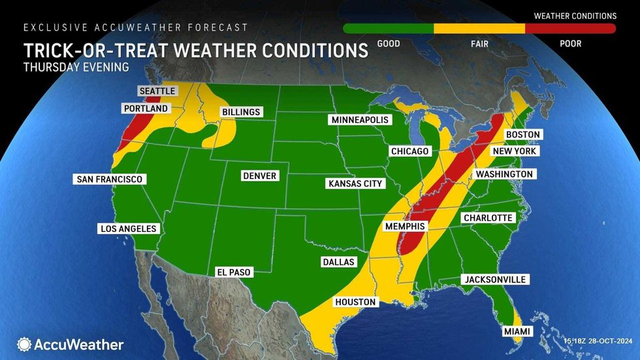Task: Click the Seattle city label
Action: click(156, 91)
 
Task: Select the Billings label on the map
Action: click(241, 112)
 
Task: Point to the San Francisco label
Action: click(110, 179)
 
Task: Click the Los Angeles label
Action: click(128, 229)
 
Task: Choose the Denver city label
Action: click(260, 176)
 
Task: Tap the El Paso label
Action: click(233, 272)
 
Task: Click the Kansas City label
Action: click(355, 184)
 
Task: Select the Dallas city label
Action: click(338, 262)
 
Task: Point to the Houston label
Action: click(355, 302)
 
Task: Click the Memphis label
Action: click(405, 227)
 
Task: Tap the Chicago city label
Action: click(409, 152)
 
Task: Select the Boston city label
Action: click(523, 135)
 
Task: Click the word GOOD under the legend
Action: click(389, 44)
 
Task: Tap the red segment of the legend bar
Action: click(570, 29)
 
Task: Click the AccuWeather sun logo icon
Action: click(24, 344)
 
